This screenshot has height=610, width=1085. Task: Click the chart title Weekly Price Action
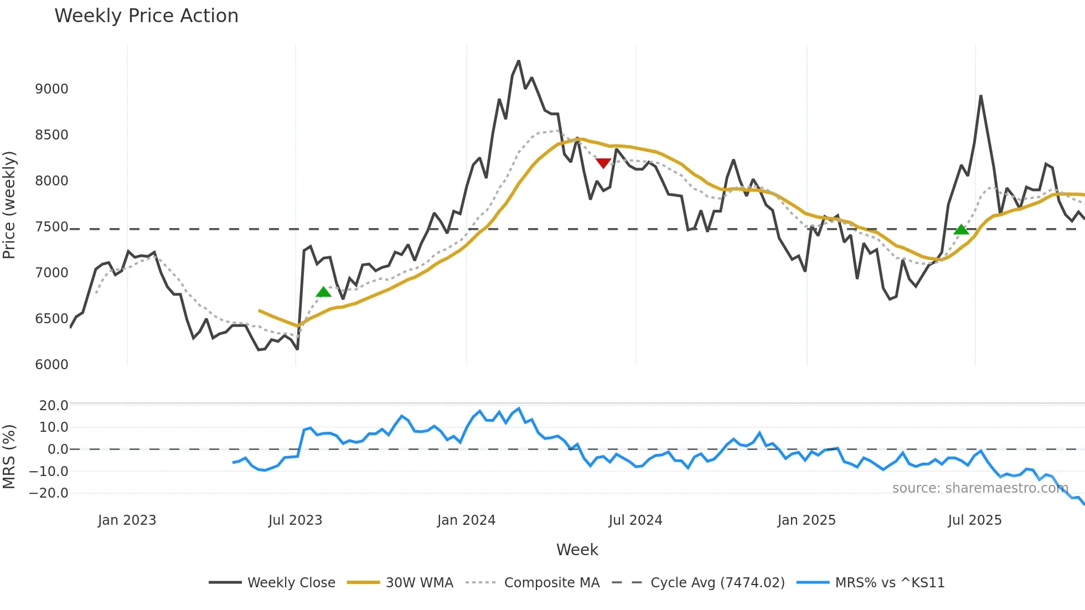point(146,16)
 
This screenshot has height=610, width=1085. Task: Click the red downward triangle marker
point(603,163)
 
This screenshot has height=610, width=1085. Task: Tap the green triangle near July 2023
point(323,292)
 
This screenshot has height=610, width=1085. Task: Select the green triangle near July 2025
point(962,229)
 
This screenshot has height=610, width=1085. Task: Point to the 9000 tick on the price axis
point(51,89)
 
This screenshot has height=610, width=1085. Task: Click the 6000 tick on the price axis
point(51,365)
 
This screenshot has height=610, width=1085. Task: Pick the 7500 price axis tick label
point(51,227)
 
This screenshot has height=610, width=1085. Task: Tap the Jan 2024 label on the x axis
point(466,520)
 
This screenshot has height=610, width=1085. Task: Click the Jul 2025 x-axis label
point(974,520)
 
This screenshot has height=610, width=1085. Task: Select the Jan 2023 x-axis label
point(127,520)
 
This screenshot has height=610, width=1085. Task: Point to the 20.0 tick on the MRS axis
point(54,406)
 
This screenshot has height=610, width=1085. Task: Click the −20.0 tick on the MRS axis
point(49,493)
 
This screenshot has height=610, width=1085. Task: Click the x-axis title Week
point(577,550)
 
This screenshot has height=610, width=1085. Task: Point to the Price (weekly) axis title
point(9,205)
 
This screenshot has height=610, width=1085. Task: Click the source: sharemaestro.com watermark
point(980,488)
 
